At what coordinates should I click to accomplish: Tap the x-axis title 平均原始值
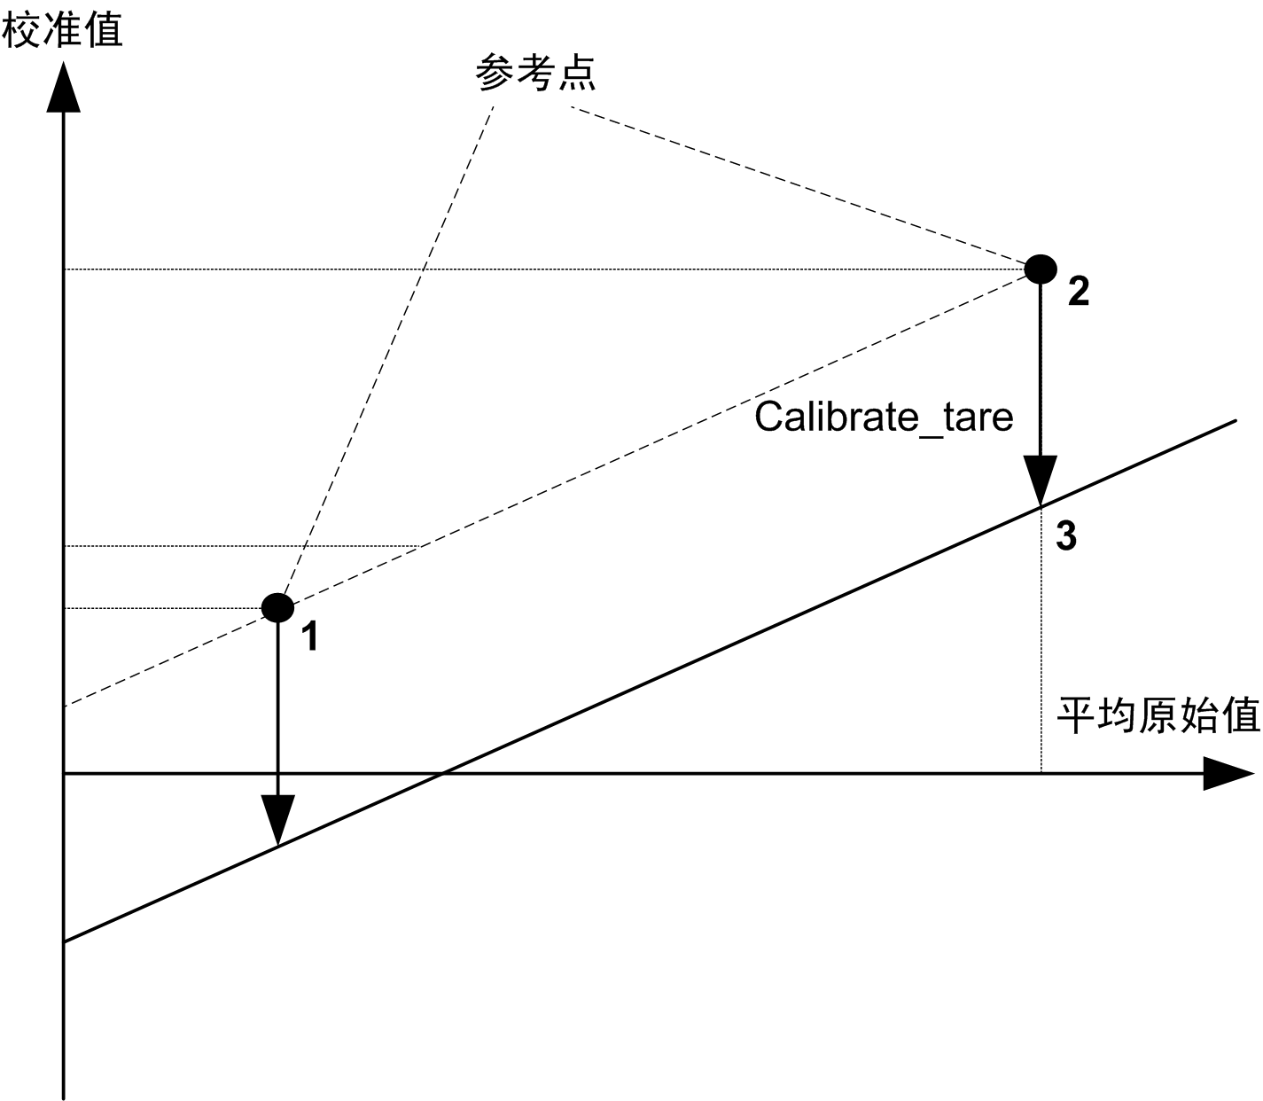pyautogui.click(x=1158, y=715)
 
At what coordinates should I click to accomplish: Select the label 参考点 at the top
pyautogui.click(x=535, y=73)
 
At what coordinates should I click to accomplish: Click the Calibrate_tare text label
pyautogui.click(x=884, y=417)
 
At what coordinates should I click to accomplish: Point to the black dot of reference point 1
pyautogui.click(x=277, y=607)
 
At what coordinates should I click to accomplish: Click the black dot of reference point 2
pyautogui.click(x=1041, y=268)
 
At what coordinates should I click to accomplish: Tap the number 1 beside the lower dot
pyautogui.click(x=310, y=636)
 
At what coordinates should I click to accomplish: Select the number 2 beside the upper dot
pyautogui.click(x=1078, y=292)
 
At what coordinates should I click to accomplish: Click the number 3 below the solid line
pyautogui.click(x=1066, y=536)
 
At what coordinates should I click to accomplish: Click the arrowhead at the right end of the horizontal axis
pyautogui.click(x=1228, y=774)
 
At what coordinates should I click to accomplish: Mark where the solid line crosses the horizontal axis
pyautogui.click(x=441, y=774)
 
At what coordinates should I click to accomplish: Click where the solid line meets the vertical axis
pyautogui.click(x=65, y=941)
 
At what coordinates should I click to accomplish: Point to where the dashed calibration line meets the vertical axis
pyautogui.click(x=65, y=707)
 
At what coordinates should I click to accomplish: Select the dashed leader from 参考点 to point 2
pyautogui.click(x=798, y=186)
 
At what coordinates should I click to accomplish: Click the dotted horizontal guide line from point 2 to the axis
pyautogui.click(x=532, y=269)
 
